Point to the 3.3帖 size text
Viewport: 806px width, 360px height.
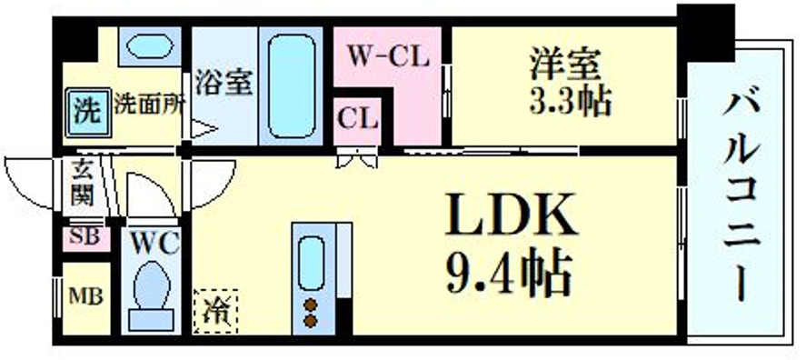pyautogui.click(x=571, y=100)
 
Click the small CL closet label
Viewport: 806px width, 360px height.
pyautogui.click(x=358, y=117)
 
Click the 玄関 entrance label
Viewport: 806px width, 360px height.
pyautogui.click(x=81, y=184)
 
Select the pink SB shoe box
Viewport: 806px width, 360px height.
pyautogui.click(x=85, y=237)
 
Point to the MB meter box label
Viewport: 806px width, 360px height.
pyautogui.click(x=85, y=296)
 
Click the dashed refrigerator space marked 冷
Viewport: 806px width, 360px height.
pyautogui.click(x=215, y=310)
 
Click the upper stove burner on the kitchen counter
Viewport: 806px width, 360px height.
pyautogui.click(x=311, y=304)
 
